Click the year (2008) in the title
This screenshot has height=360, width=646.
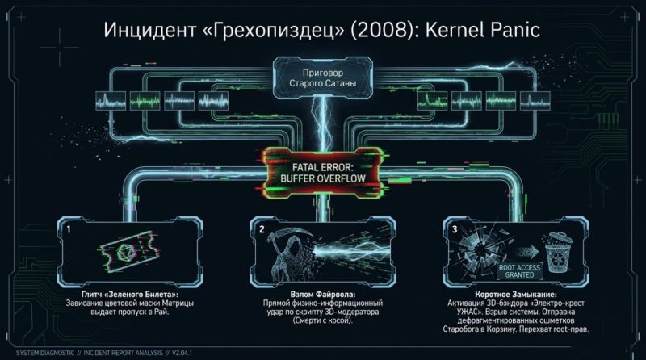point(383,30)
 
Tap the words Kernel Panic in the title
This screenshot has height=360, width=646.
point(482,30)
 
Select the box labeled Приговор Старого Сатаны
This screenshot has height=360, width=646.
point(322,77)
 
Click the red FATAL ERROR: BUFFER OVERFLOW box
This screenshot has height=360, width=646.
point(322,173)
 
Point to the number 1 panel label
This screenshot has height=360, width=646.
point(69,229)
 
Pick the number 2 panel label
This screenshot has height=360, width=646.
point(262,229)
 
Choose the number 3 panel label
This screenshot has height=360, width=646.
point(455,229)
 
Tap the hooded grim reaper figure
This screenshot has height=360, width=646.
point(291,254)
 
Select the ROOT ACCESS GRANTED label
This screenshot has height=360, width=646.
point(519,271)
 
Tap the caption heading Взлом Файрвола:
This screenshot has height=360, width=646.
point(322,295)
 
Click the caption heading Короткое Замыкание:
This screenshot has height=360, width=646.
point(515,295)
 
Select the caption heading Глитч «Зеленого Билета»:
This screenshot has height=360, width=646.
point(130,295)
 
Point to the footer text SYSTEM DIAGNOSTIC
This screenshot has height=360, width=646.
point(45,353)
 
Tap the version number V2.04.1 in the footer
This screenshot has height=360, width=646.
point(182,353)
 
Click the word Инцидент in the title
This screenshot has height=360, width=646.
point(149,30)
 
